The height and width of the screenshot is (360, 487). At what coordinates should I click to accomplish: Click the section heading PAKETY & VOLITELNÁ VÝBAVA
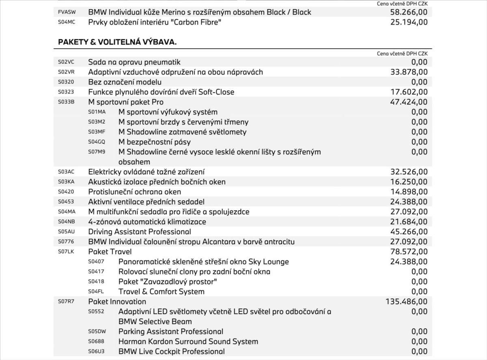point(117,42)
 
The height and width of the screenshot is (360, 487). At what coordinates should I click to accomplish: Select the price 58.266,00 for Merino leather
point(409,12)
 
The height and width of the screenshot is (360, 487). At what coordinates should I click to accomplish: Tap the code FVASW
point(67,12)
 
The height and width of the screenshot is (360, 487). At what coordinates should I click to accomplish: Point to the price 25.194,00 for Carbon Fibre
point(409,22)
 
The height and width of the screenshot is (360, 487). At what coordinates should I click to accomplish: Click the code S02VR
point(66,72)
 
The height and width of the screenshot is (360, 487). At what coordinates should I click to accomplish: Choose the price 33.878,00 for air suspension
point(409,72)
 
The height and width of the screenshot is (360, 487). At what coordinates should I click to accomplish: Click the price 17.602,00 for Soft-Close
point(409,92)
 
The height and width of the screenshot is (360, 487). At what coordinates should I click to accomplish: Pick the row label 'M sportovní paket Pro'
point(126,102)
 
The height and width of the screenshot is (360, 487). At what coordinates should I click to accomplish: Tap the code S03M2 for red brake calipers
point(97,122)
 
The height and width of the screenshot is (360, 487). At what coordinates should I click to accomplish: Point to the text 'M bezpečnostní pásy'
point(154,142)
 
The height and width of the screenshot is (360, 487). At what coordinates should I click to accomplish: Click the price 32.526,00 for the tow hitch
point(409,172)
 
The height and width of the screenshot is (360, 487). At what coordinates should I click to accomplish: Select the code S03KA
point(66,182)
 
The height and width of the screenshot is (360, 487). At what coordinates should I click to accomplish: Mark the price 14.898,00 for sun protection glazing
point(409,192)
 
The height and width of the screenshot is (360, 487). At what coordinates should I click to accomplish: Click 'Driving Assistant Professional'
point(140,232)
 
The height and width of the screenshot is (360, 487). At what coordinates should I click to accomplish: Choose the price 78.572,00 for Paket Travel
point(409,252)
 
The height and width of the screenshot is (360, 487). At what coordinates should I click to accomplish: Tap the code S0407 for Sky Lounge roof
point(96,262)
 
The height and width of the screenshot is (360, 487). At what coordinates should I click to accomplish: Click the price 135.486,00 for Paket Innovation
point(406,302)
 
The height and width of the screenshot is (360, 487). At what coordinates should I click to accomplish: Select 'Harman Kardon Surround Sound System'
point(188,341)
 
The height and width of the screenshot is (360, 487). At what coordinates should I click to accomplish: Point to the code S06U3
point(97,351)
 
